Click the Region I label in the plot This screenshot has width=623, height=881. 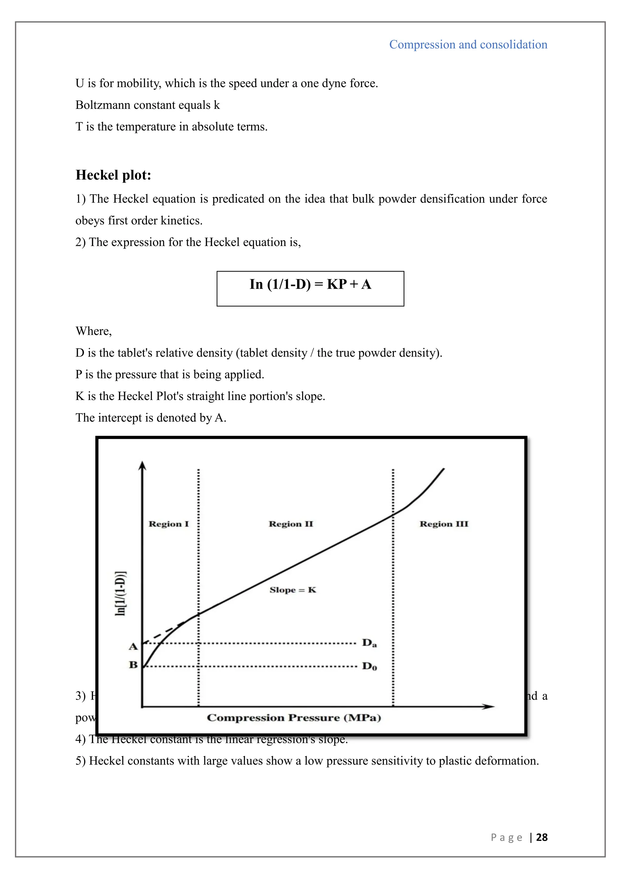click(169, 524)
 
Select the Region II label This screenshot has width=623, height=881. click(291, 524)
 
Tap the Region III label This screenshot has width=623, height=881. click(444, 524)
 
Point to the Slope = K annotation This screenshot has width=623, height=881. click(293, 590)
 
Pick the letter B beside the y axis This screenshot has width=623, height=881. click(133, 665)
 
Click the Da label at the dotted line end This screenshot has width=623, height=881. click(369, 643)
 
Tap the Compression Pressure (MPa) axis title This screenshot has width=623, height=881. click(294, 718)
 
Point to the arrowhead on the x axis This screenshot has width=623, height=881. click(489, 706)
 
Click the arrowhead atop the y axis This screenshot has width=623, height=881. click(142, 465)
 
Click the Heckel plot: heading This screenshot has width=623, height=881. click(113, 175)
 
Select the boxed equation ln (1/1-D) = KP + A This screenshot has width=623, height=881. click(310, 284)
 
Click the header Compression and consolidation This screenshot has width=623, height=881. click(468, 44)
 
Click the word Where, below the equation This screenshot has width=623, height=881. click(94, 331)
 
